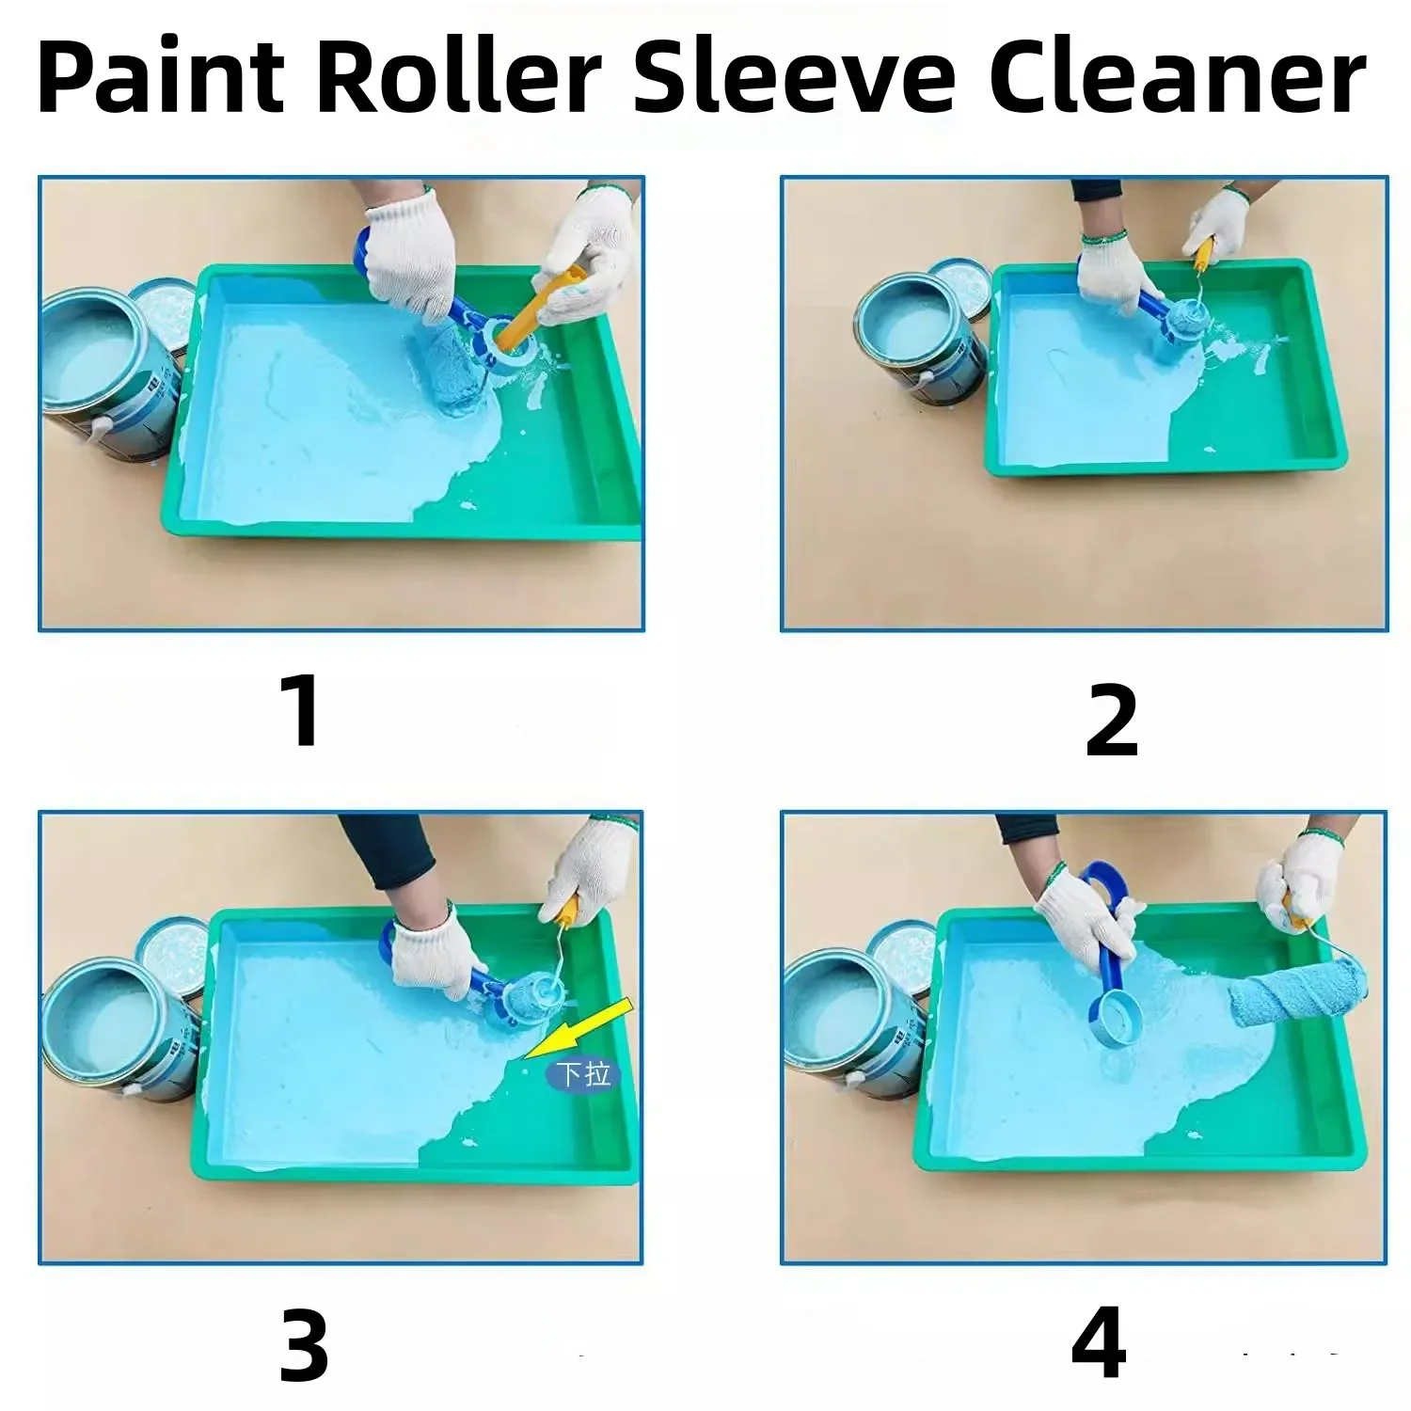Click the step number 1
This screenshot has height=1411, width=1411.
pos(303,712)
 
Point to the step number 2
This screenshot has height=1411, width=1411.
pos(1112,721)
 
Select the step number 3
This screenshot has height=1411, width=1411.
pos(304,1347)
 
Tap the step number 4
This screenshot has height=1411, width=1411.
pos(1099,1345)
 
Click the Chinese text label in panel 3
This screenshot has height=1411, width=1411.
pos(584,1073)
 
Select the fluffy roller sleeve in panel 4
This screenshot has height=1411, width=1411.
pos(1289,997)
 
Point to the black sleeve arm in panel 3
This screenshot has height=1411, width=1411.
pos(386,851)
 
